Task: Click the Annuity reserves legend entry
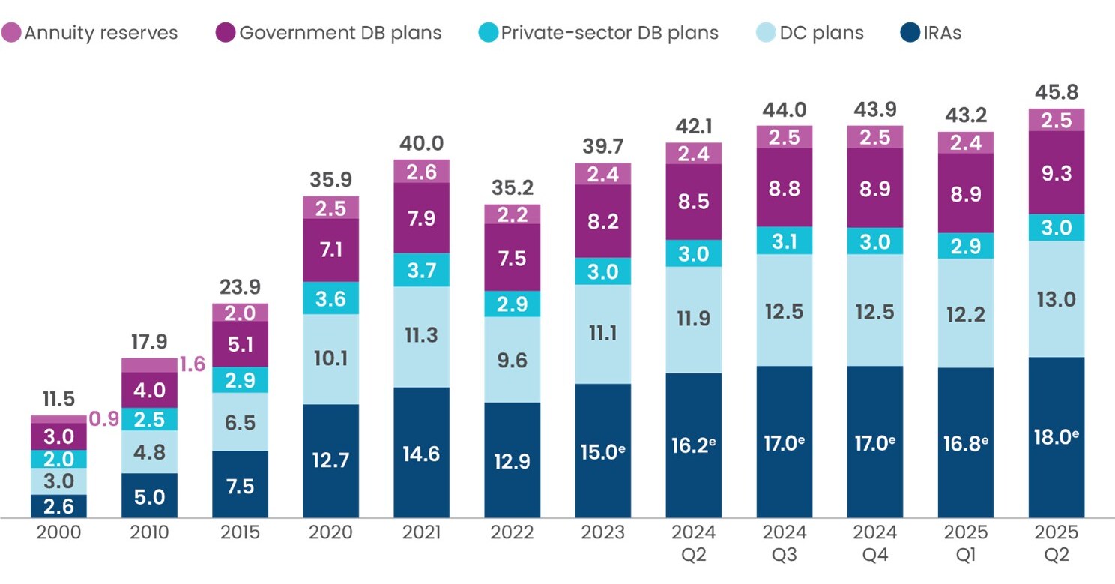(x=90, y=33)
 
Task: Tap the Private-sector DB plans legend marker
(x=487, y=33)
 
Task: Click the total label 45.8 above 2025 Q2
(x=1056, y=93)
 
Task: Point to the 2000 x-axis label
(x=58, y=532)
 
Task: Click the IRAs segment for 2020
(x=330, y=460)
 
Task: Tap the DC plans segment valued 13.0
(x=1056, y=299)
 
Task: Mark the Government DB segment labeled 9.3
(x=1056, y=173)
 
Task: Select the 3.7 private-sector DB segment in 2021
(x=421, y=270)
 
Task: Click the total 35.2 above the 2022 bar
(x=513, y=187)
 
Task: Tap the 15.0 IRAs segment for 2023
(x=602, y=451)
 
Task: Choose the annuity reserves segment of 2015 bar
(x=240, y=313)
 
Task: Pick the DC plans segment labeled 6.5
(x=240, y=421)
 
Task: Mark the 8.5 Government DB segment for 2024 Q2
(x=694, y=202)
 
